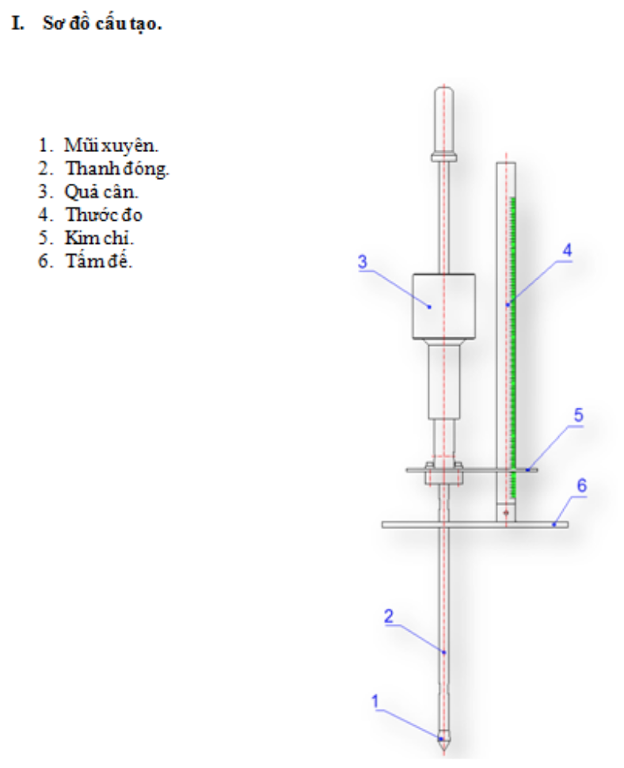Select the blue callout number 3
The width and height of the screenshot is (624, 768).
362,262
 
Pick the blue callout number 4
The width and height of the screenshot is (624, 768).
566,249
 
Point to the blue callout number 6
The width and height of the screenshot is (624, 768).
580,485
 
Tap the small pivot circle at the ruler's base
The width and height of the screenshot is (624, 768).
505,513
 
